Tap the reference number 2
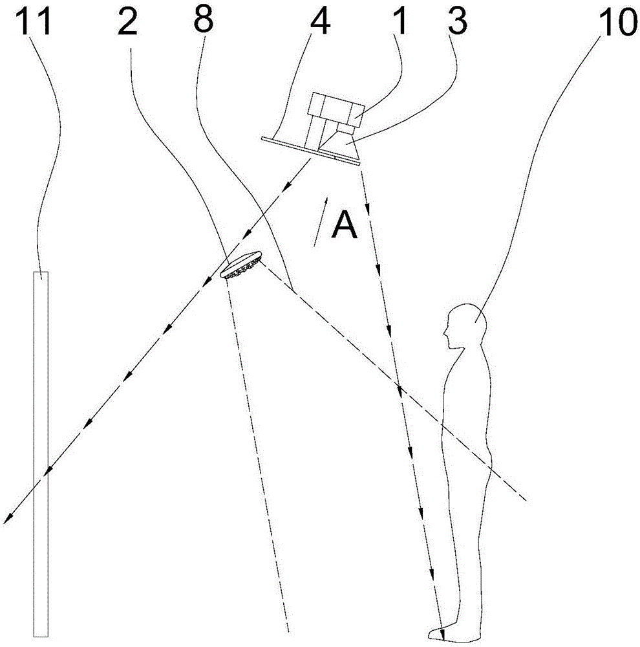127,21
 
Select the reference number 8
203,20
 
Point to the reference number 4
319,21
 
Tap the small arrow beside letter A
321,221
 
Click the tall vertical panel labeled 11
41,454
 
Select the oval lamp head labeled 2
241,265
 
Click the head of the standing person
467,326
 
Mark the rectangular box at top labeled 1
336,108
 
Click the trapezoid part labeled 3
339,144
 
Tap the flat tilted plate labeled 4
311,150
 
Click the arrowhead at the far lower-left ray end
7,520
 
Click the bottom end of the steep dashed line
288,631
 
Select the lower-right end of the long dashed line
526,501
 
